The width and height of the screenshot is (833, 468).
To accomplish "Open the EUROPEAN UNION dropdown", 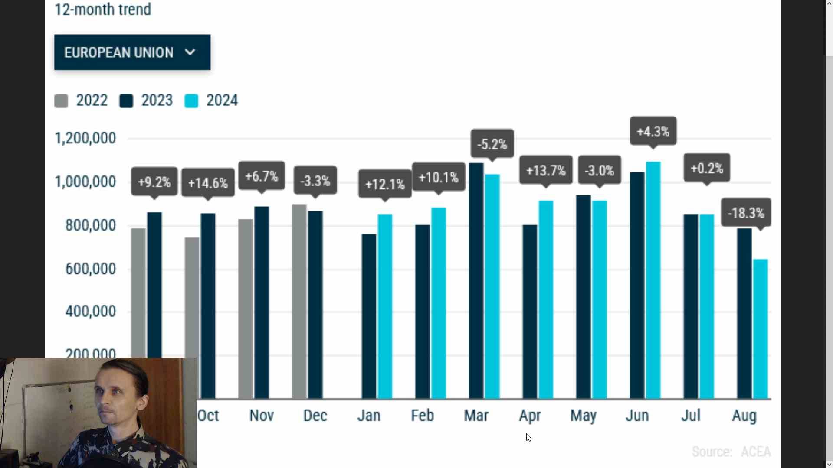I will pos(132,52).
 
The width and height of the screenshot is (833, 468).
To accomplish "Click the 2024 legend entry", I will pos(211,101).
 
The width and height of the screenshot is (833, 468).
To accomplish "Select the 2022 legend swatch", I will pos(61,101).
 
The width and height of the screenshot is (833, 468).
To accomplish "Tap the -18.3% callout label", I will pos(746,213).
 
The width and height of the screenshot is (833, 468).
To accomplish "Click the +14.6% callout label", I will pos(208,183).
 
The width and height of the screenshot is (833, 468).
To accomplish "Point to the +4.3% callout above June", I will pos(653,131).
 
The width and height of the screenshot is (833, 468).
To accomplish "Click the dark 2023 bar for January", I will pos(369,316).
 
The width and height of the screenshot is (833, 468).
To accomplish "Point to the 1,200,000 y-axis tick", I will pos(85,138).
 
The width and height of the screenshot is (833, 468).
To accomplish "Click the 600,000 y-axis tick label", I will pos(91,269).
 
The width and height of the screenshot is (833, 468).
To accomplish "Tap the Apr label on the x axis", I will pos(530,416).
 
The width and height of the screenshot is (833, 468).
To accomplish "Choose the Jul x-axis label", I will pos(691,416).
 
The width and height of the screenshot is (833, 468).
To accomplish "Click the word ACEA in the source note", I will pos(755,452).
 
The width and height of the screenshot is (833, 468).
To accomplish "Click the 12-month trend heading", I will pos(103,9).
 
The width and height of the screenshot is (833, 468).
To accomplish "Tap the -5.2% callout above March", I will pos(492,144).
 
